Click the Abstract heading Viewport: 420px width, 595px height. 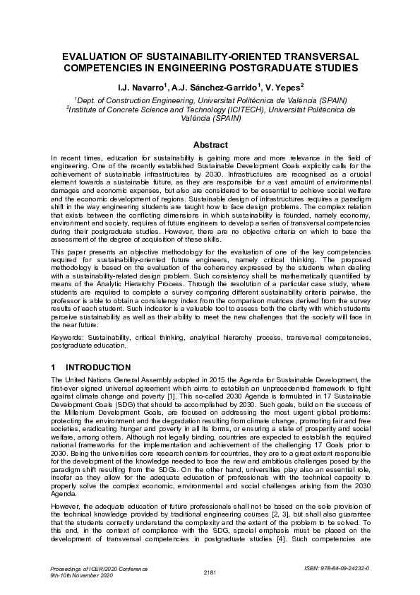(210, 145)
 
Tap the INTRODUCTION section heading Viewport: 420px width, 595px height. (98, 367)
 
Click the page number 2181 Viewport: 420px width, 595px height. (210, 571)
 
